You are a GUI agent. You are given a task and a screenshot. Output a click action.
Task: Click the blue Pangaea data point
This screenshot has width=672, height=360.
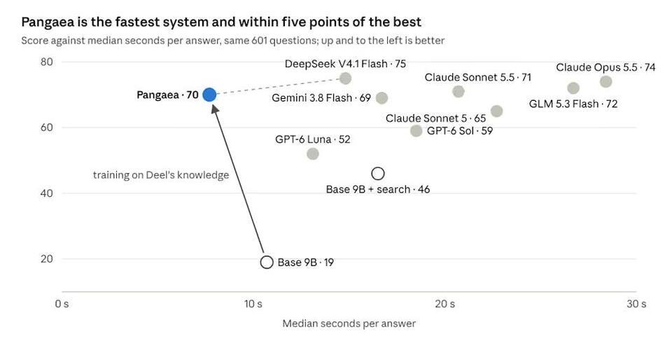point(209,95)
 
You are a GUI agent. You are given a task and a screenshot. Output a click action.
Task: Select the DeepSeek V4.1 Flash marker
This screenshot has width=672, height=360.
point(345,78)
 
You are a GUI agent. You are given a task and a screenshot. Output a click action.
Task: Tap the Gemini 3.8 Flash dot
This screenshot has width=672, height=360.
point(382,98)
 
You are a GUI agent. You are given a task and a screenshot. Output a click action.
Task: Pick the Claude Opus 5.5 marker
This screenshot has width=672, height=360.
point(605,81)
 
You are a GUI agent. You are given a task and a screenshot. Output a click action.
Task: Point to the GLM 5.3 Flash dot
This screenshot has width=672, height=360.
point(573,88)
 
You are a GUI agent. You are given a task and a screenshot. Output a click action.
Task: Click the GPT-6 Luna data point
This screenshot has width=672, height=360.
point(313,154)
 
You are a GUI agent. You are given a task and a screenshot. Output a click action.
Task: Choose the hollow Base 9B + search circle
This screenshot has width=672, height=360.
point(377,174)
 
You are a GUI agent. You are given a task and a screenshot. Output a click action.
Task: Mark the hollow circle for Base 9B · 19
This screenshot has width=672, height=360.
point(267,262)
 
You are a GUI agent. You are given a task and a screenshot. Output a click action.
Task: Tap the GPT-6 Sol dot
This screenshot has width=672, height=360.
point(416,131)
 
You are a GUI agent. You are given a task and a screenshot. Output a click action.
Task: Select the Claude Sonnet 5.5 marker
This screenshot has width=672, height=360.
point(458,91)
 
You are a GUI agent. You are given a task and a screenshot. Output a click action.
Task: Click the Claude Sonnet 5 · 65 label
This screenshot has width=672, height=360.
point(436,118)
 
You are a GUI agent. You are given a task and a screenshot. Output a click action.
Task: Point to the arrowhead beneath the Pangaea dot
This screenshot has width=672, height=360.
point(214,108)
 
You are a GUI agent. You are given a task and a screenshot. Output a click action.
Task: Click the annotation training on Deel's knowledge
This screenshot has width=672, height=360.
point(161,175)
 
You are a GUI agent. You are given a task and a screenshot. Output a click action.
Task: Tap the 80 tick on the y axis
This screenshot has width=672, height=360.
point(47,62)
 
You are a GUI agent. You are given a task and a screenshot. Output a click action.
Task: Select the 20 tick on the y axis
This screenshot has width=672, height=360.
point(47,259)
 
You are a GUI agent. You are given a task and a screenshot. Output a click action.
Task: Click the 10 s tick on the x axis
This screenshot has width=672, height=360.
point(253,304)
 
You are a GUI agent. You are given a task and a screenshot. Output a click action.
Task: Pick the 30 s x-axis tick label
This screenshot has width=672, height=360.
point(636,304)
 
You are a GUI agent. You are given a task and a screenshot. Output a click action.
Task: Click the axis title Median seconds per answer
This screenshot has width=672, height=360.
point(349,324)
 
